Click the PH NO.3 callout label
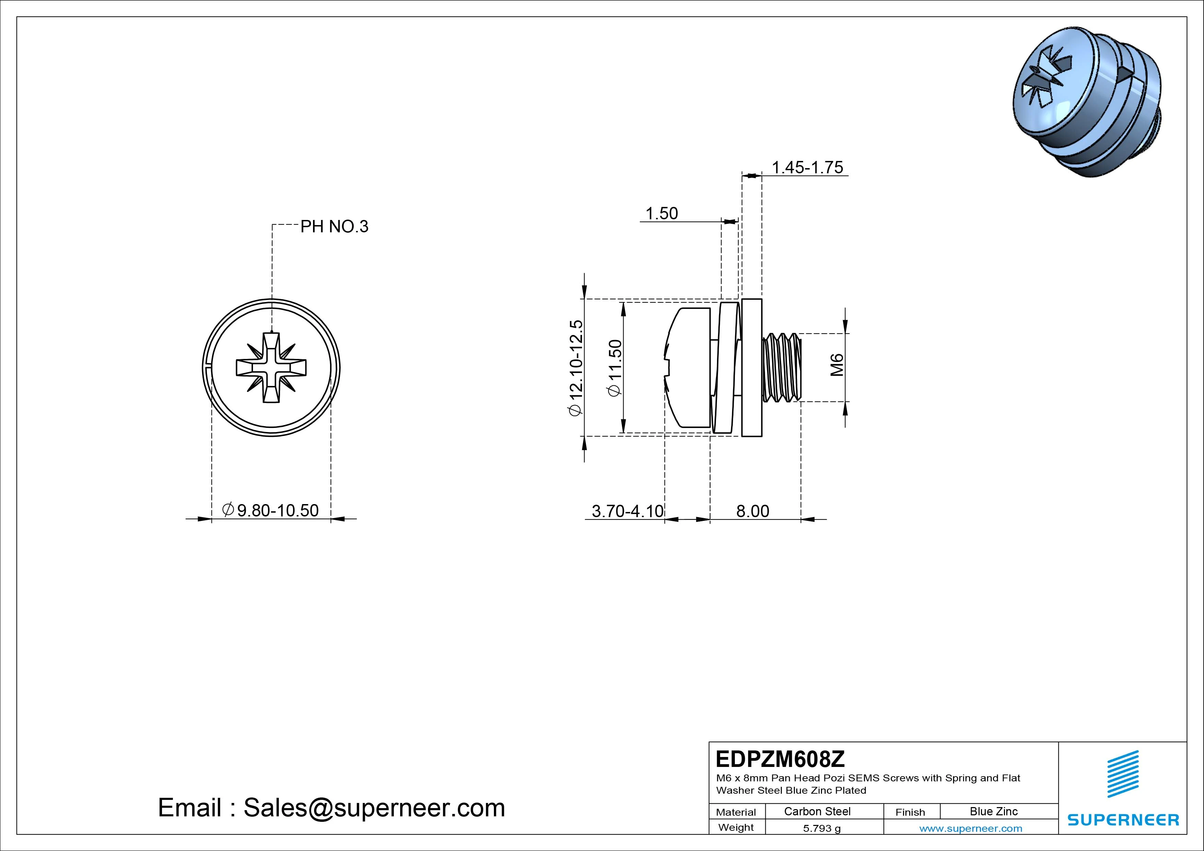pos(334,226)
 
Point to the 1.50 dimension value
pos(661,213)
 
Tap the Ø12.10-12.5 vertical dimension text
pos(576,368)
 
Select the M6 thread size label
pos(837,365)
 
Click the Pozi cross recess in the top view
pos(271,368)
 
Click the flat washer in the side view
pos(752,368)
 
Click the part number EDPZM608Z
pos(780,759)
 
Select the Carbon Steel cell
pos(817,811)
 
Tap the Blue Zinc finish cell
pos(993,811)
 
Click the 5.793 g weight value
pos(822,828)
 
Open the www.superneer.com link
pos(971,828)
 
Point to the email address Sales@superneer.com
pos(374,808)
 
